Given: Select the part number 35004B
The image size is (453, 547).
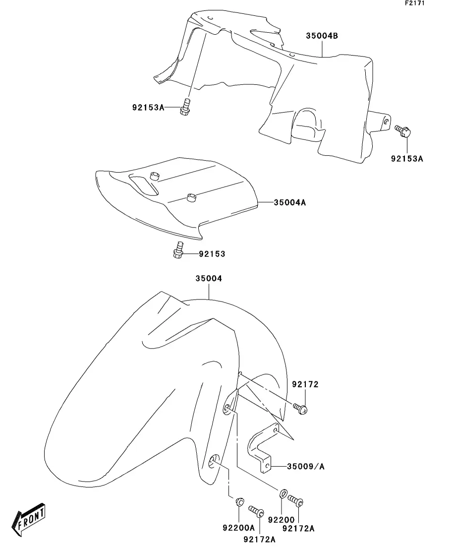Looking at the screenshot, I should pyautogui.click(x=322, y=36).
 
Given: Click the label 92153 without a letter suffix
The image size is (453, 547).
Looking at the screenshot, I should pyautogui.click(x=212, y=254).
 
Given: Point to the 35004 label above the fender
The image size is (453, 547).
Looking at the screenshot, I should pyautogui.click(x=209, y=279).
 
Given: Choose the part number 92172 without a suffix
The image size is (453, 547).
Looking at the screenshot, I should pyautogui.click(x=305, y=384).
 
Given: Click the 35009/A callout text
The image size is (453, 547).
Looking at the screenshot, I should pyautogui.click(x=306, y=466).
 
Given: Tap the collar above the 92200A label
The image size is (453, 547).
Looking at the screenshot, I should pyautogui.click(x=238, y=501).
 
